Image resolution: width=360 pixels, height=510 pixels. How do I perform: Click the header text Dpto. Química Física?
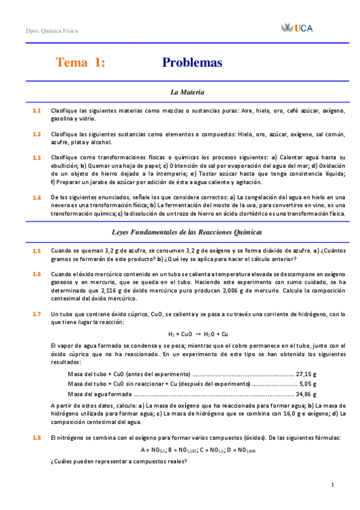coord(52,31)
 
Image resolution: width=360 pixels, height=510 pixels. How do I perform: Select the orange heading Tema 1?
coord(81,63)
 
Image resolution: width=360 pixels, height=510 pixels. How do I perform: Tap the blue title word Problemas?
coord(192,63)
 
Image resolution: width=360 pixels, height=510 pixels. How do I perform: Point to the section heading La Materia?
coord(188,93)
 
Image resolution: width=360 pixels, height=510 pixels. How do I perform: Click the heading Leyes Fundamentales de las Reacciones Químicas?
coord(188,232)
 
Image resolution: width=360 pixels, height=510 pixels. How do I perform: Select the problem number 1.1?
coord(37,111)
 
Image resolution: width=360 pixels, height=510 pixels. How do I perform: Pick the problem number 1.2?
coord(37,134)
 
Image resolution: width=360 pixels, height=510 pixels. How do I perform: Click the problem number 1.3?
coord(37,158)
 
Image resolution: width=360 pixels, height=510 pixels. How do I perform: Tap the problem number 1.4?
coord(37,198)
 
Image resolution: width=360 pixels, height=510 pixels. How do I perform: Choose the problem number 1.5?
coord(37,251)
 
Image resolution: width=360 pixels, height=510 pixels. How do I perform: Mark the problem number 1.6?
coord(37,274)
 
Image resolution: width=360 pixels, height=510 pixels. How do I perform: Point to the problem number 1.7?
coord(37,314)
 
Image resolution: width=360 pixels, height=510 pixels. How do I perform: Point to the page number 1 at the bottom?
coord(332,485)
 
